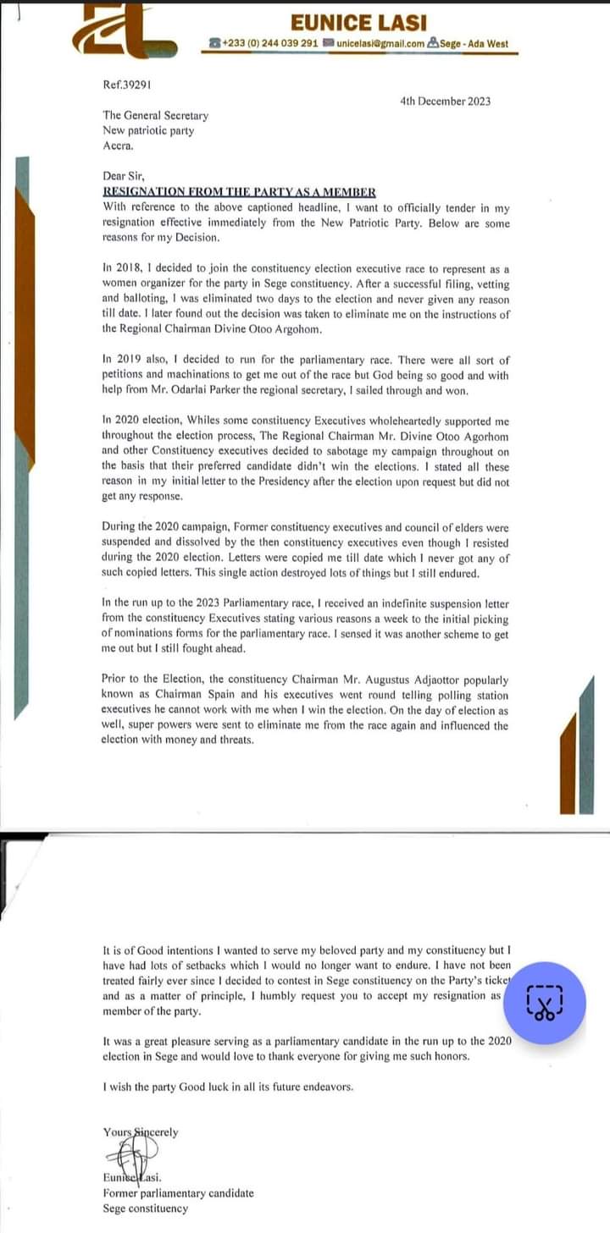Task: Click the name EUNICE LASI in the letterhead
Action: [x=358, y=23]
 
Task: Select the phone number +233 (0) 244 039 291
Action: [x=269, y=43]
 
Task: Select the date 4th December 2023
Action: [x=445, y=102]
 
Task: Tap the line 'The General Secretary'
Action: [x=155, y=116]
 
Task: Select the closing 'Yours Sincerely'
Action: [x=141, y=1132]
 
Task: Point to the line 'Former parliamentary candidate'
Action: [x=178, y=1193]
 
